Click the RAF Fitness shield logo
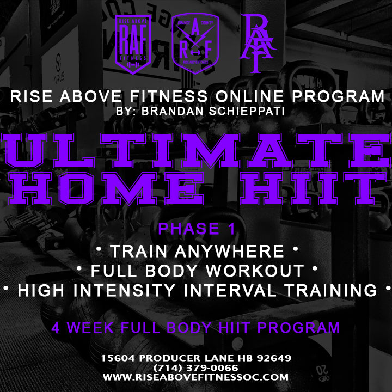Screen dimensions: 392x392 [133, 45]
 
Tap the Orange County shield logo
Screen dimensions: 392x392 [195, 43]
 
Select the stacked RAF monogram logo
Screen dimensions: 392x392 [258, 43]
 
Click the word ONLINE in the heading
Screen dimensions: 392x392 [249, 96]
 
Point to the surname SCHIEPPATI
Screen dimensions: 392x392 [247, 111]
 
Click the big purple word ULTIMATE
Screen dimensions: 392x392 [196, 151]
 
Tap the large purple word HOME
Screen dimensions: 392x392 [107, 189]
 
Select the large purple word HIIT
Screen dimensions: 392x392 [313, 189]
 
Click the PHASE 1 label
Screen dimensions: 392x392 [197, 229]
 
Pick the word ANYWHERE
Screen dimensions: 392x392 [229, 251]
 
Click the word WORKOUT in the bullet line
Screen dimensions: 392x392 [255, 271]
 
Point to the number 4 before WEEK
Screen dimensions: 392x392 [56, 328]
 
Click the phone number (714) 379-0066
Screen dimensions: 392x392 [196, 367]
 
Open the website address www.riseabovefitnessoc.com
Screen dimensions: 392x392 [196, 377]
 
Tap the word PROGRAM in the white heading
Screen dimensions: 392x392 [338, 96]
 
